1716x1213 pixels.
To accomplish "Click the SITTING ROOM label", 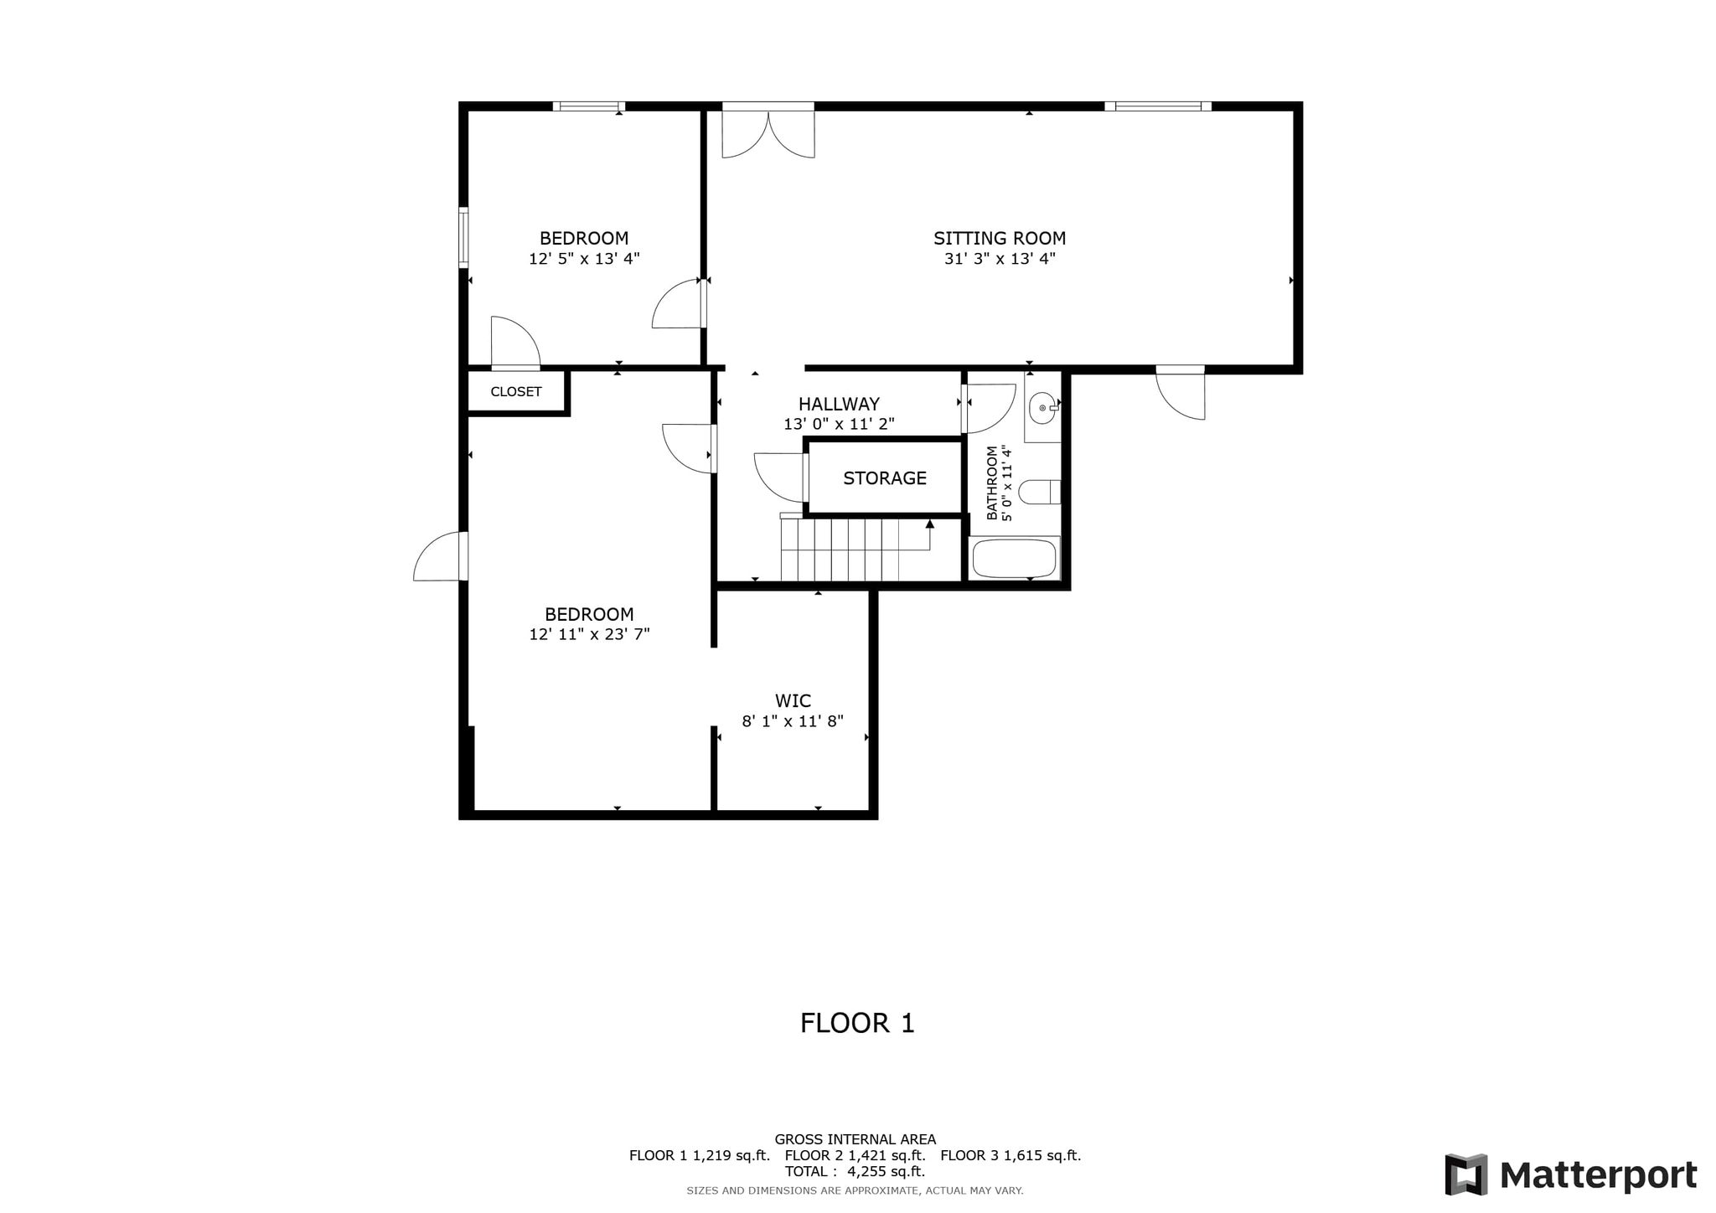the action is pyautogui.click(x=1000, y=239).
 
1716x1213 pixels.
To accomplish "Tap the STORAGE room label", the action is pyautogui.click(x=885, y=478).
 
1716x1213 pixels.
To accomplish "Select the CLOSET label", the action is pyautogui.click(x=516, y=392).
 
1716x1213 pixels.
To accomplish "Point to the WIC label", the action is pyautogui.click(x=793, y=700).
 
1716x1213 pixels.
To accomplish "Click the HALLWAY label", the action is pyautogui.click(x=839, y=405).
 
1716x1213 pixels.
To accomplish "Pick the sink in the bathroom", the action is pyautogui.click(x=1043, y=408).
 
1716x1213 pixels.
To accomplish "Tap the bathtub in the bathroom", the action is pyautogui.click(x=1015, y=558).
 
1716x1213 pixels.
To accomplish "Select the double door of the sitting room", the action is pyautogui.click(x=768, y=134).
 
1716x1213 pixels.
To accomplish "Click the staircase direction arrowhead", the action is pyautogui.click(x=930, y=524).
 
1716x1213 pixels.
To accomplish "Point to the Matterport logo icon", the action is pyautogui.click(x=1466, y=1174).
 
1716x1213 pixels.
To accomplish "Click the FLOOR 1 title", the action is pyautogui.click(x=857, y=1024).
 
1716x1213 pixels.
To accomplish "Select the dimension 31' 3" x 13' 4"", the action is pyautogui.click(x=1000, y=259).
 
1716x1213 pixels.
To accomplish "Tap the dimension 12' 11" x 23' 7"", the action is pyautogui.click(x=589, y=635).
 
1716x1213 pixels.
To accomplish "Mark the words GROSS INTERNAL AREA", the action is pyautogui.click(x=855, y=1139).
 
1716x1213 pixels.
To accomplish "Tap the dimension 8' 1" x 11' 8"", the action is pyautogui.click(x=793, y=721).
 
